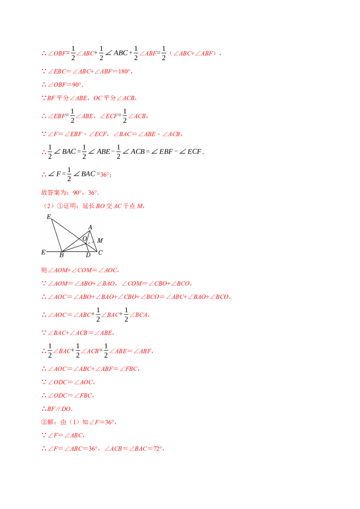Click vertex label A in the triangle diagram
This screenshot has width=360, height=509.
click(x=90, y=227)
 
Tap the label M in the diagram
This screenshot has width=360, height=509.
click(x=100, y=241)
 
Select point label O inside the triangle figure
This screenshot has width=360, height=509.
click(x=85, y=239)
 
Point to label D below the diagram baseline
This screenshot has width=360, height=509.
click(x=88, y=255)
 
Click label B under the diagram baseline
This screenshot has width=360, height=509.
click(x=62, y=255)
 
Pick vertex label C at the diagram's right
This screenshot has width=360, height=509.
click(x=100, y=253)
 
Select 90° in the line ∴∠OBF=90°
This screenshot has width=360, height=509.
click(x=76, y=85)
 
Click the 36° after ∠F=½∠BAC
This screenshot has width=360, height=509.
click(x=105, y=174)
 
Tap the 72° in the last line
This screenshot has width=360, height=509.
click(x=157, y=449)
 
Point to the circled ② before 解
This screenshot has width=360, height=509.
click(x=44, y=422)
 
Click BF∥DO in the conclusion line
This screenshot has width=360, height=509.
click(x=59, y=409)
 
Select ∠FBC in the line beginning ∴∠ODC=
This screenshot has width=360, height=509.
click(x=83, y=395)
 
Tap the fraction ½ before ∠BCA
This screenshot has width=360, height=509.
click(x=126, y=315)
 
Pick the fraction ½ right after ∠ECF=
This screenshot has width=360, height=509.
click(x=125, y=116)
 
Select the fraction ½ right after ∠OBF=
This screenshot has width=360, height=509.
click(x=73, y=53)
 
